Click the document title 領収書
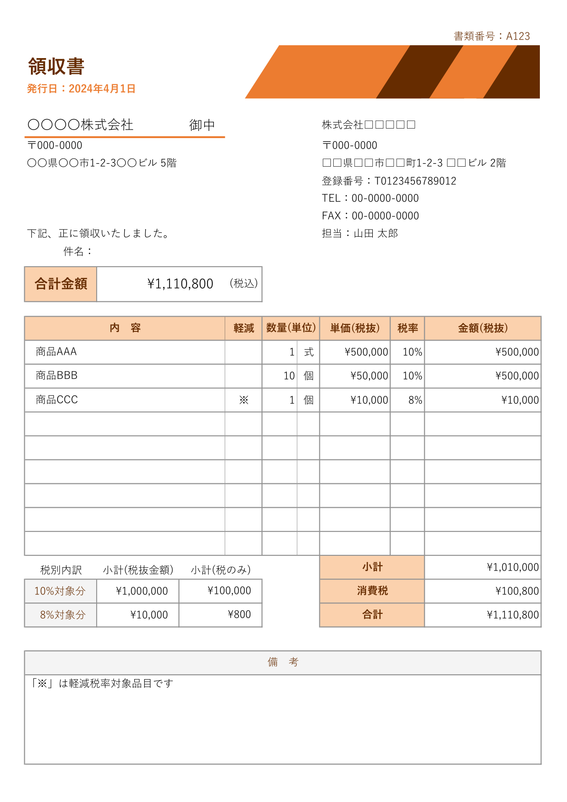point(56,67)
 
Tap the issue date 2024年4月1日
point(102,89)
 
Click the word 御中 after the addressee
point(202,125)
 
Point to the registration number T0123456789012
point(415,181)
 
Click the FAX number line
point(370,216)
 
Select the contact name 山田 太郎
point(376,233)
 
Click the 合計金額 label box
point(60,284)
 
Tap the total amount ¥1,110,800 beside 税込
point(180,284)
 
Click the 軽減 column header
point(243,328)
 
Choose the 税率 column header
point(407,328)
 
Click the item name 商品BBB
point(57,376)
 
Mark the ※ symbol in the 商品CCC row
point(243,400)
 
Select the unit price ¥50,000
point(369,376)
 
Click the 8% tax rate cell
point(415,400)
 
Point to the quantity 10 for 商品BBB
point(289,376)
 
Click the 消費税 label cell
point(372,591)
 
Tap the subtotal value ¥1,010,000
point(512,567)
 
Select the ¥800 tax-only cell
point(239,615)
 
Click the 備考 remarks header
point(283,662)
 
